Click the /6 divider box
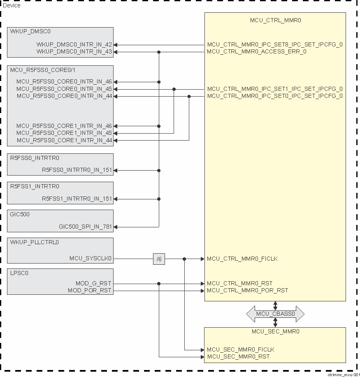click(x=159, y=259)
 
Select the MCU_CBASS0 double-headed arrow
click(x=275, y=314)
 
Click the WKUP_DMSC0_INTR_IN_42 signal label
click(x=74, y=44)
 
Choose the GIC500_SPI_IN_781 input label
click(x=85, y=227)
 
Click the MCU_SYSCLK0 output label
click(x=91, y=259)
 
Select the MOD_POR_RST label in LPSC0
click(x=90, y=290)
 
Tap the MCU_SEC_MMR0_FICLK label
click(x=240, y=349)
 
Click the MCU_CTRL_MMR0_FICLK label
click(x=242, y=259)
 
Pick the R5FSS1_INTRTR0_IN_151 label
click(x=77, y=199)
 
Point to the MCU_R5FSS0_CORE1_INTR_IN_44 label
click(x=64, y=141)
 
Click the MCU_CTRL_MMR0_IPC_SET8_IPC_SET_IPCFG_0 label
click(x=275, y=44)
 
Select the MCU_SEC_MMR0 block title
click(x=275, y=331)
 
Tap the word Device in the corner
click(x=12, y=5)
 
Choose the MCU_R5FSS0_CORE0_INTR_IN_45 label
click(x=64, y=89)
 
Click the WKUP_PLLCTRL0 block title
click(x=35, y=242)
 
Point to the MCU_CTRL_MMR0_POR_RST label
click(x=247, y=290)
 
